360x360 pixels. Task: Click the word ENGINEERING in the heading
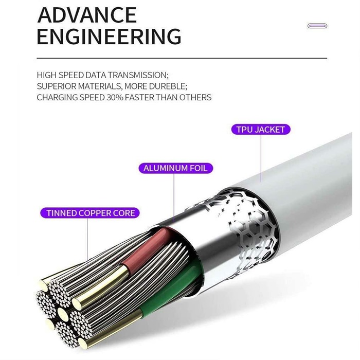point(109,37)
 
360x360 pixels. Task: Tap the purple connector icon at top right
point(317,26)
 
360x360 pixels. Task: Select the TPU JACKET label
point(260,129)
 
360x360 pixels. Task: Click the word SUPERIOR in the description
point(55,86)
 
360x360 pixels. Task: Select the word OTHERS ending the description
point(195,97)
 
